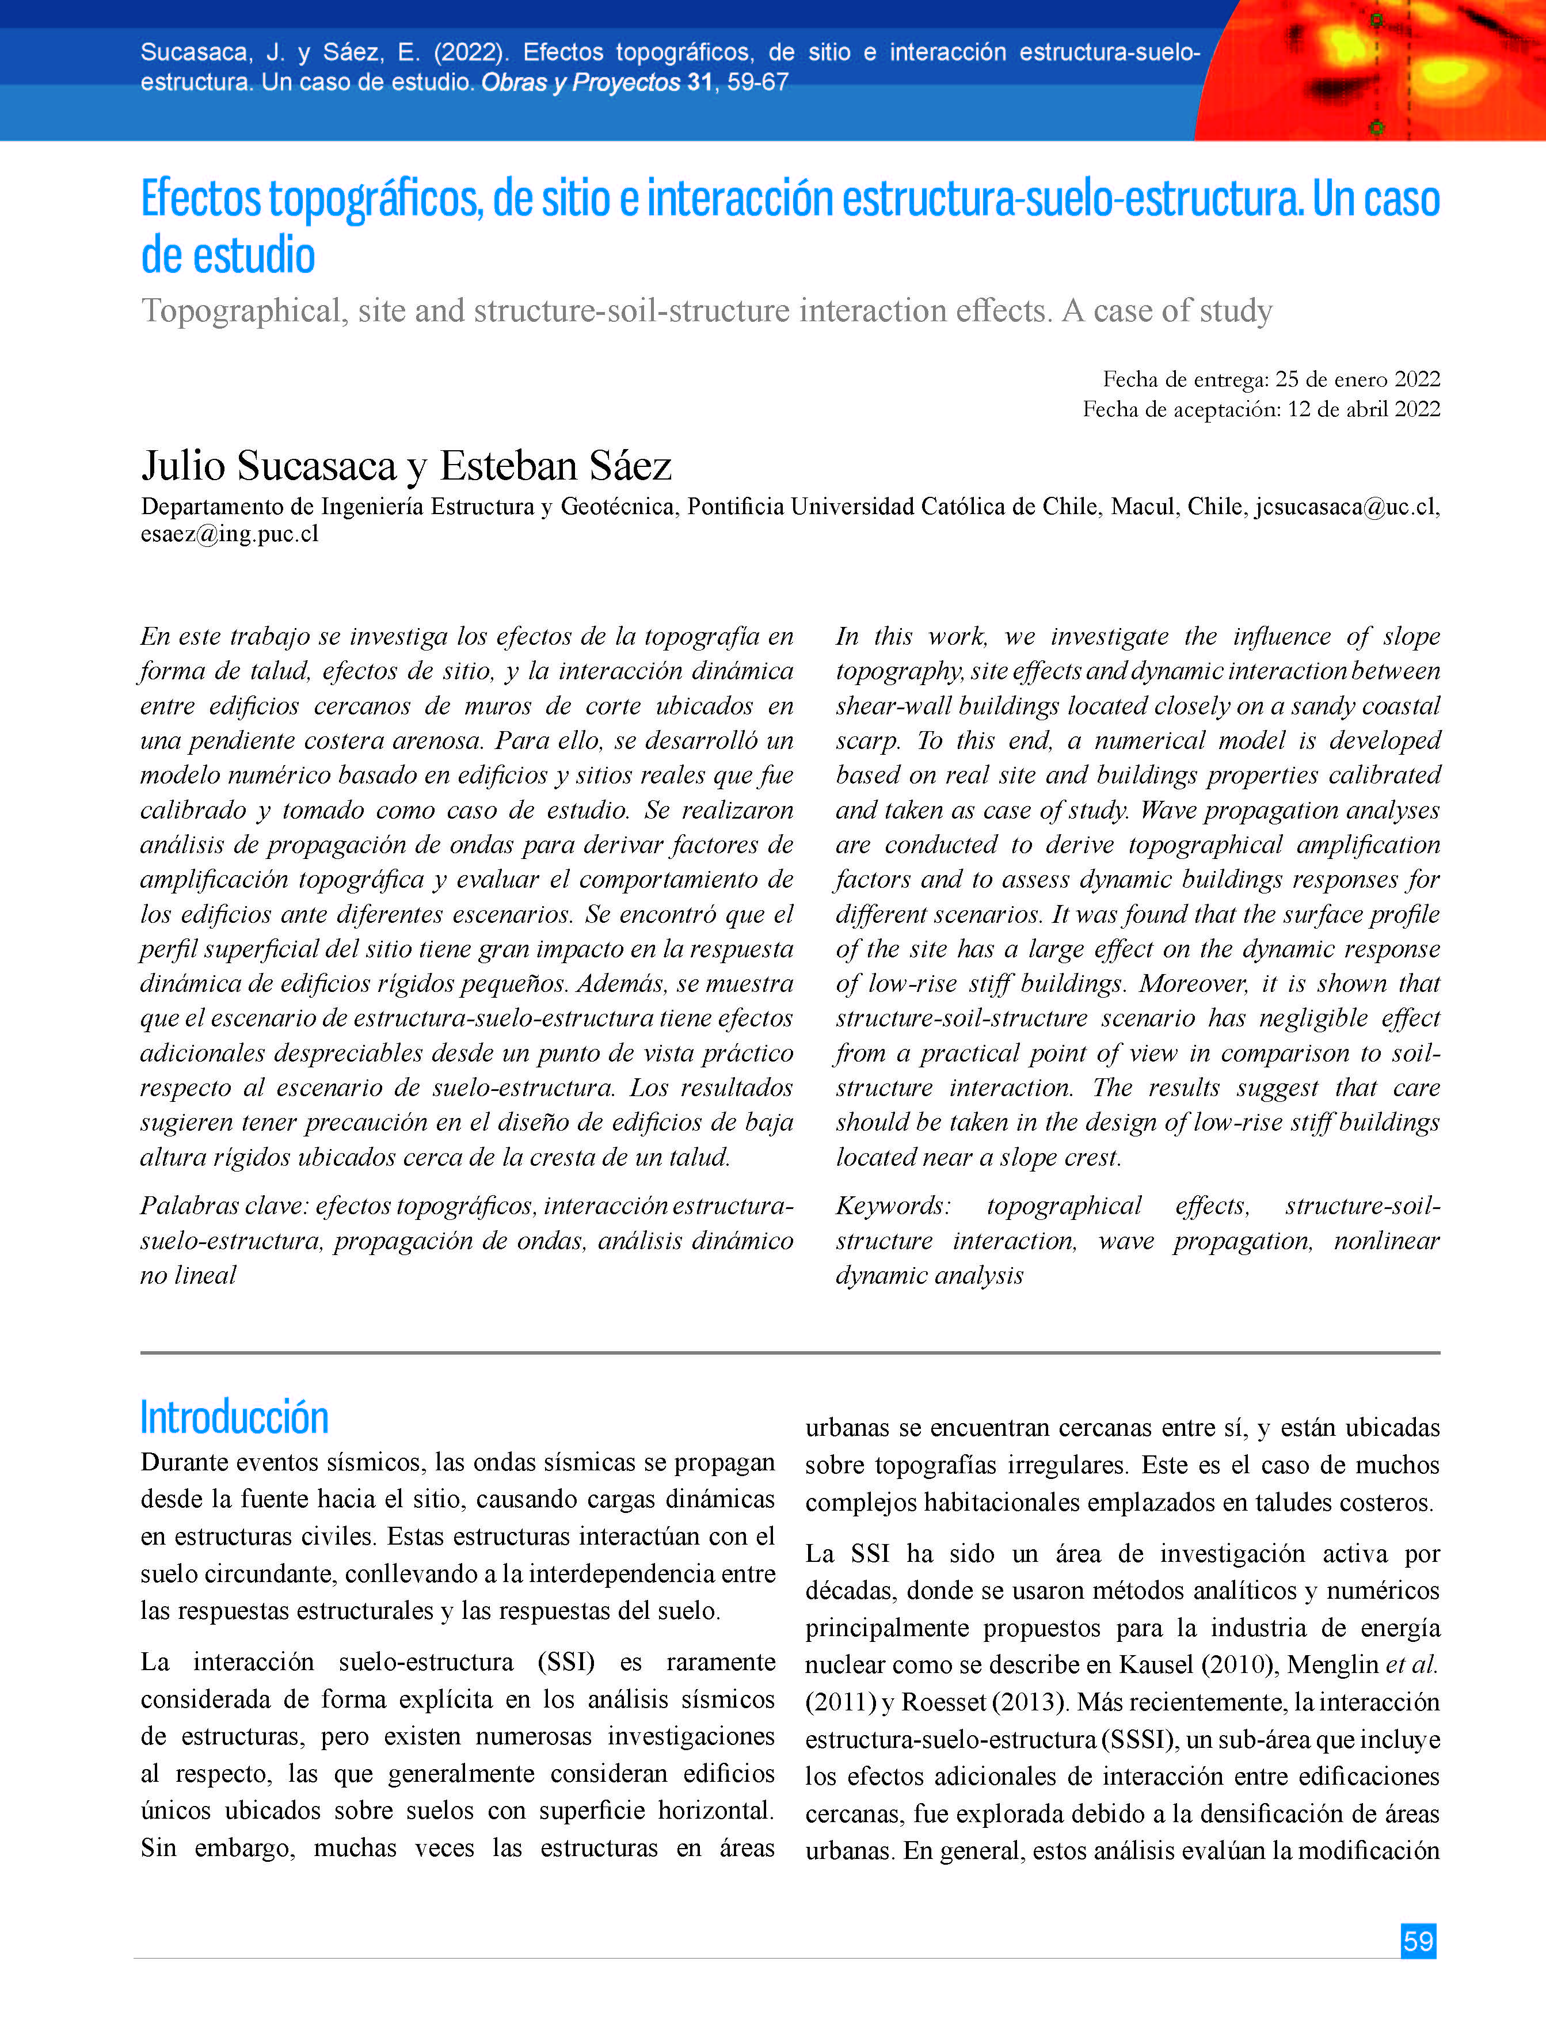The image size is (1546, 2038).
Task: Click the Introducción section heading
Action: (234, 1417)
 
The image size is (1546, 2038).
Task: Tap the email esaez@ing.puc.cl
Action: (230, 534)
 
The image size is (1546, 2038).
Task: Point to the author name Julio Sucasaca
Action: (269, 466)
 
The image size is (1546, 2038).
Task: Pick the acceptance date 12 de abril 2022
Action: (1364, 409)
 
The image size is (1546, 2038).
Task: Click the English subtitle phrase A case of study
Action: (1167, 311)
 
